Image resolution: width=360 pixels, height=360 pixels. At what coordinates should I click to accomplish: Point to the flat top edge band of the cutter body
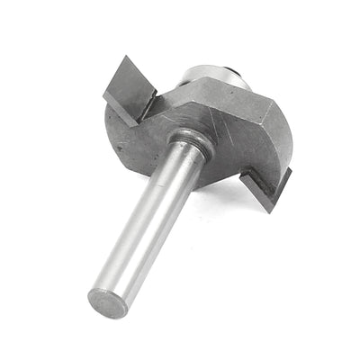pos(225,94)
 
